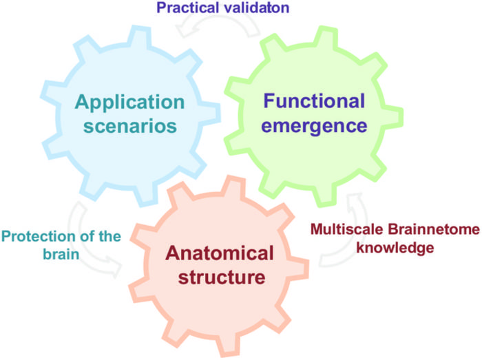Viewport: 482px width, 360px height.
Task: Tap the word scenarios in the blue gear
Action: (x=129, y=127)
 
